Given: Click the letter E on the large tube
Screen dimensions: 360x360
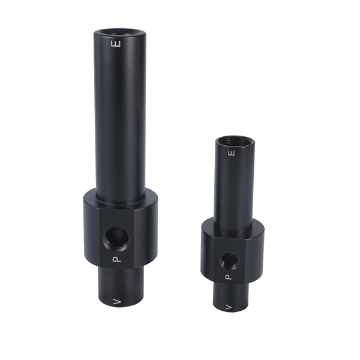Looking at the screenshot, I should coord(119,44).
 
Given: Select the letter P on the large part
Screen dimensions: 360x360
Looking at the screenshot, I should coord(118,259).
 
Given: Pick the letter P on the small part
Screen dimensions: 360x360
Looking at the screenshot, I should coord(228,277).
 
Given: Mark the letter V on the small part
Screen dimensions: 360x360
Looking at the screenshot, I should coord(228,307).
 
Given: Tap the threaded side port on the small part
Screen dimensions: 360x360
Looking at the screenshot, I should coord(228,260).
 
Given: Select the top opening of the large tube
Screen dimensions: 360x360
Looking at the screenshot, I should coord(119,31).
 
